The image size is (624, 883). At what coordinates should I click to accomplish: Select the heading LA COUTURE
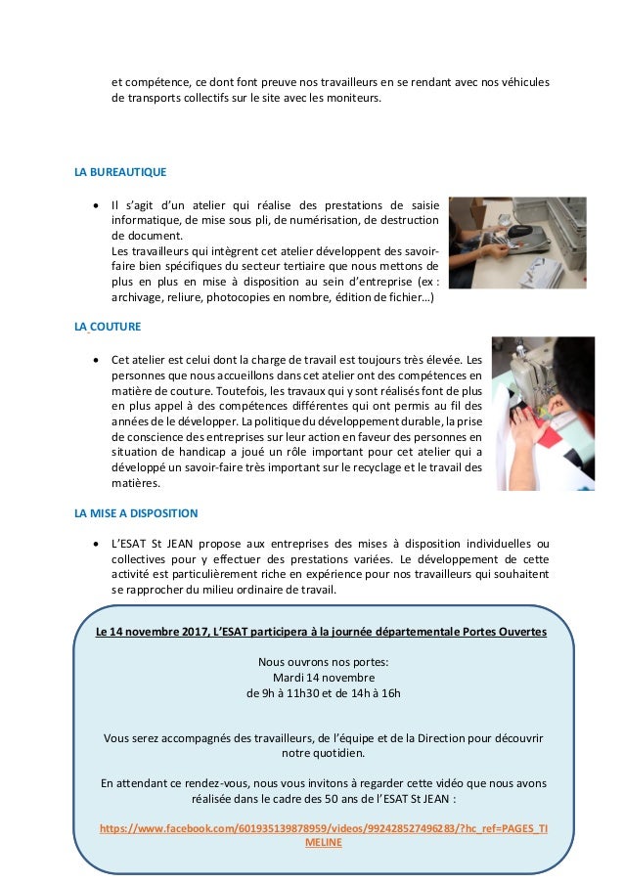tap(108, 326)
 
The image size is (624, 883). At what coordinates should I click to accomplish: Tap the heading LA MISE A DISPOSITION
tap(136, 512)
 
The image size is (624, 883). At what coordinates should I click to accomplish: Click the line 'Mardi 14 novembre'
tap(323, 677)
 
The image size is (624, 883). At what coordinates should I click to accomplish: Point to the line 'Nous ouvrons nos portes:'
tap(323, 660)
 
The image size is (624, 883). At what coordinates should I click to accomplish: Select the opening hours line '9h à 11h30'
tap(323, 693)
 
